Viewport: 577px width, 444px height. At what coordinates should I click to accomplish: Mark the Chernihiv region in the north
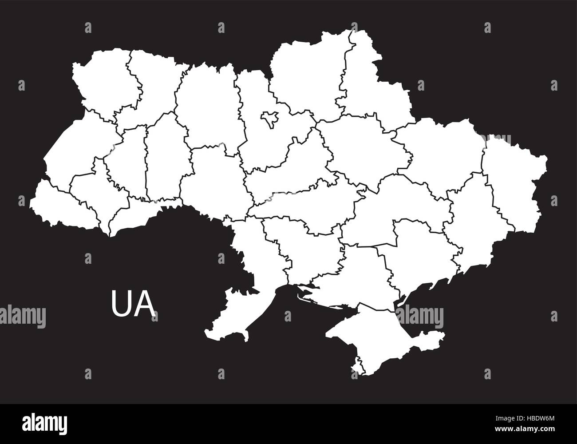[306, 75]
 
